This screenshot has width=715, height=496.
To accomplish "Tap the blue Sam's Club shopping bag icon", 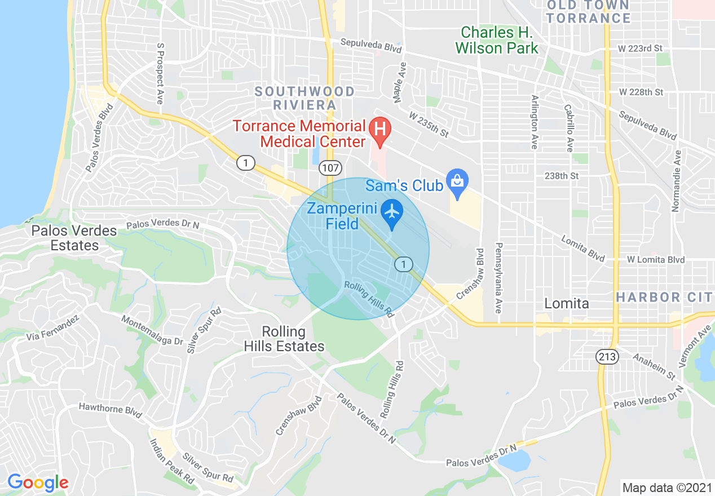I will (457, 181).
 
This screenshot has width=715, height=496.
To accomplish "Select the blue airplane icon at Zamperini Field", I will (391, 212).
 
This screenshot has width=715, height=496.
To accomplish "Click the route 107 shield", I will (329, 168).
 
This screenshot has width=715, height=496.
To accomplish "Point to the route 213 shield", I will (607, 356).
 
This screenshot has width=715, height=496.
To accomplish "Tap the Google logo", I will (38, 482).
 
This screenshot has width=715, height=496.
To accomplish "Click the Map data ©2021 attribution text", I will (667, 488).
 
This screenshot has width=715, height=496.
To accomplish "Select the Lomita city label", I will (566, 304).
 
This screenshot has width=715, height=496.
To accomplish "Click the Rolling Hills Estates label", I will (284, 338).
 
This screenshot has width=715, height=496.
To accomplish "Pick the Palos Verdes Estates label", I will (74, 238).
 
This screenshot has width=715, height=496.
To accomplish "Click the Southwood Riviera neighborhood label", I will (304, 98).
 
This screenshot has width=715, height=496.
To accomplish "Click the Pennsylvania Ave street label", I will (498, 278).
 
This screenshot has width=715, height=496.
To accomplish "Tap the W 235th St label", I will (429, 125).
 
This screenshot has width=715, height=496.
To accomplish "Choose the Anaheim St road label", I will (654, 366).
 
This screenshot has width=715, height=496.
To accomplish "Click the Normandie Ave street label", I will (676, 181).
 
